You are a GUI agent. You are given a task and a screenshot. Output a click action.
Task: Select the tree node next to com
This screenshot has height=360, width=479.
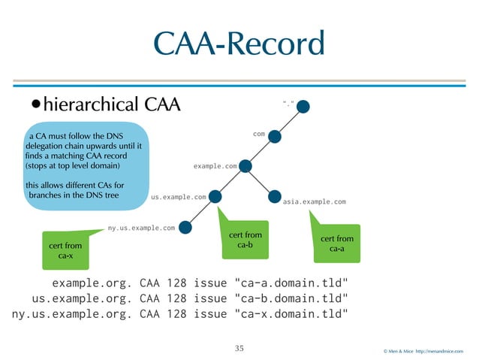tap(275, 136)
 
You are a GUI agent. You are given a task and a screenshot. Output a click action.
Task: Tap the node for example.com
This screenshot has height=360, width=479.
tap(246, 166)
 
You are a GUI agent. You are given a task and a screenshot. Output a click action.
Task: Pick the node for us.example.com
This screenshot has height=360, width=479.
tap(215, 197)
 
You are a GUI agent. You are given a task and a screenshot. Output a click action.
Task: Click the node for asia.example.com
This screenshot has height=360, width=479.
tap(275, 197)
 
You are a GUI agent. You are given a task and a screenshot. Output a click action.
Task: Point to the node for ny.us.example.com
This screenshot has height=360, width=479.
tap(186, 226)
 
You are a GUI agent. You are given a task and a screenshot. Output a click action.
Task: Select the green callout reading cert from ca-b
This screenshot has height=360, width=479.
tap(245, 241)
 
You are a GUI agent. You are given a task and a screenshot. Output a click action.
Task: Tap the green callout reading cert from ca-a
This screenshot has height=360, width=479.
tap(337, 244)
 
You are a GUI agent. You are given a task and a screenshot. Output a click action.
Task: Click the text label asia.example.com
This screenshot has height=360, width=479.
tap(315, 202)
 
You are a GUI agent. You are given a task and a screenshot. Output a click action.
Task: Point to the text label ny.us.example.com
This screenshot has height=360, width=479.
tap(142, 226)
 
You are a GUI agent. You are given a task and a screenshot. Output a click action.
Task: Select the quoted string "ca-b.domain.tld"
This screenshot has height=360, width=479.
tap(291, 299)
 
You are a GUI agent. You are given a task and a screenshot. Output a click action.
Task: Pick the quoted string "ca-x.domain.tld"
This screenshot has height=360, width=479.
tap(291, 313)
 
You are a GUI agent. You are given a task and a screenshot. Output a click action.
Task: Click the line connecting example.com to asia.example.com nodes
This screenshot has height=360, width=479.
tap(261, 182)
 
